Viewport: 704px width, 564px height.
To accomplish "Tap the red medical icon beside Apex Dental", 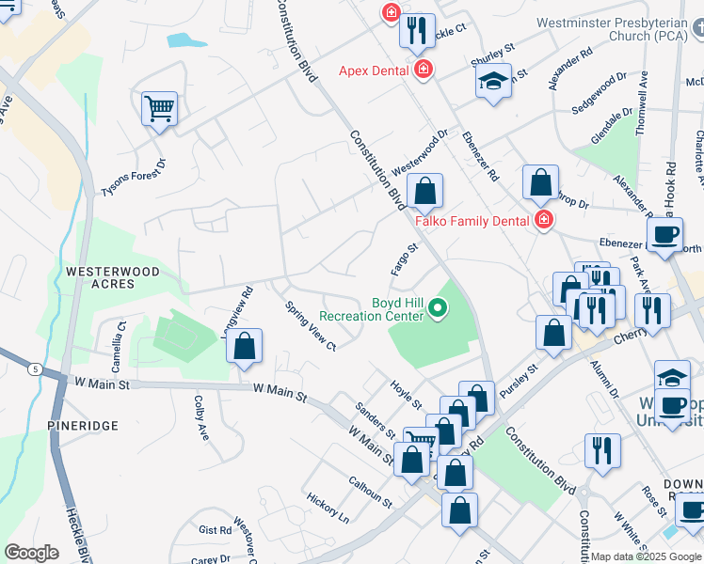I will pyautogui.click(x=424, y=70).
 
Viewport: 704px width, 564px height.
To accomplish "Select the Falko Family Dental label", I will pyautogui.click(x=473, y=220).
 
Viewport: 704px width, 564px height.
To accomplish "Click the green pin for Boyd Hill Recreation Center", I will pyautogui.click(x=437, y=307).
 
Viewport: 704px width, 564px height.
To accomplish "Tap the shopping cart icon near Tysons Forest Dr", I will pyautogui.click(x=160, y=109).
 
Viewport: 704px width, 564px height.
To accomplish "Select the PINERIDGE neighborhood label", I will pyautogui.click(x=84, y=426).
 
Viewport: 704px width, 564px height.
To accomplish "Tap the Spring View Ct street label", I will pyautogui.click(x=311, y=325).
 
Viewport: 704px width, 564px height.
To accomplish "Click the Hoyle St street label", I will pyautogui.click(x=407, y=394).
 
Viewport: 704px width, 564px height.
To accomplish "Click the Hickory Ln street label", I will pyautogui.click(x=328, y=508).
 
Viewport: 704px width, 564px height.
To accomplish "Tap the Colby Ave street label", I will pyautogui.click(x=200, y=417).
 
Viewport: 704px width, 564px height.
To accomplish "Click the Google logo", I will pyautogui.click(x=31, y=553).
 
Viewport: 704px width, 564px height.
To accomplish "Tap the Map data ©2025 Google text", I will pyautogui.click(x=645, y=556).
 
